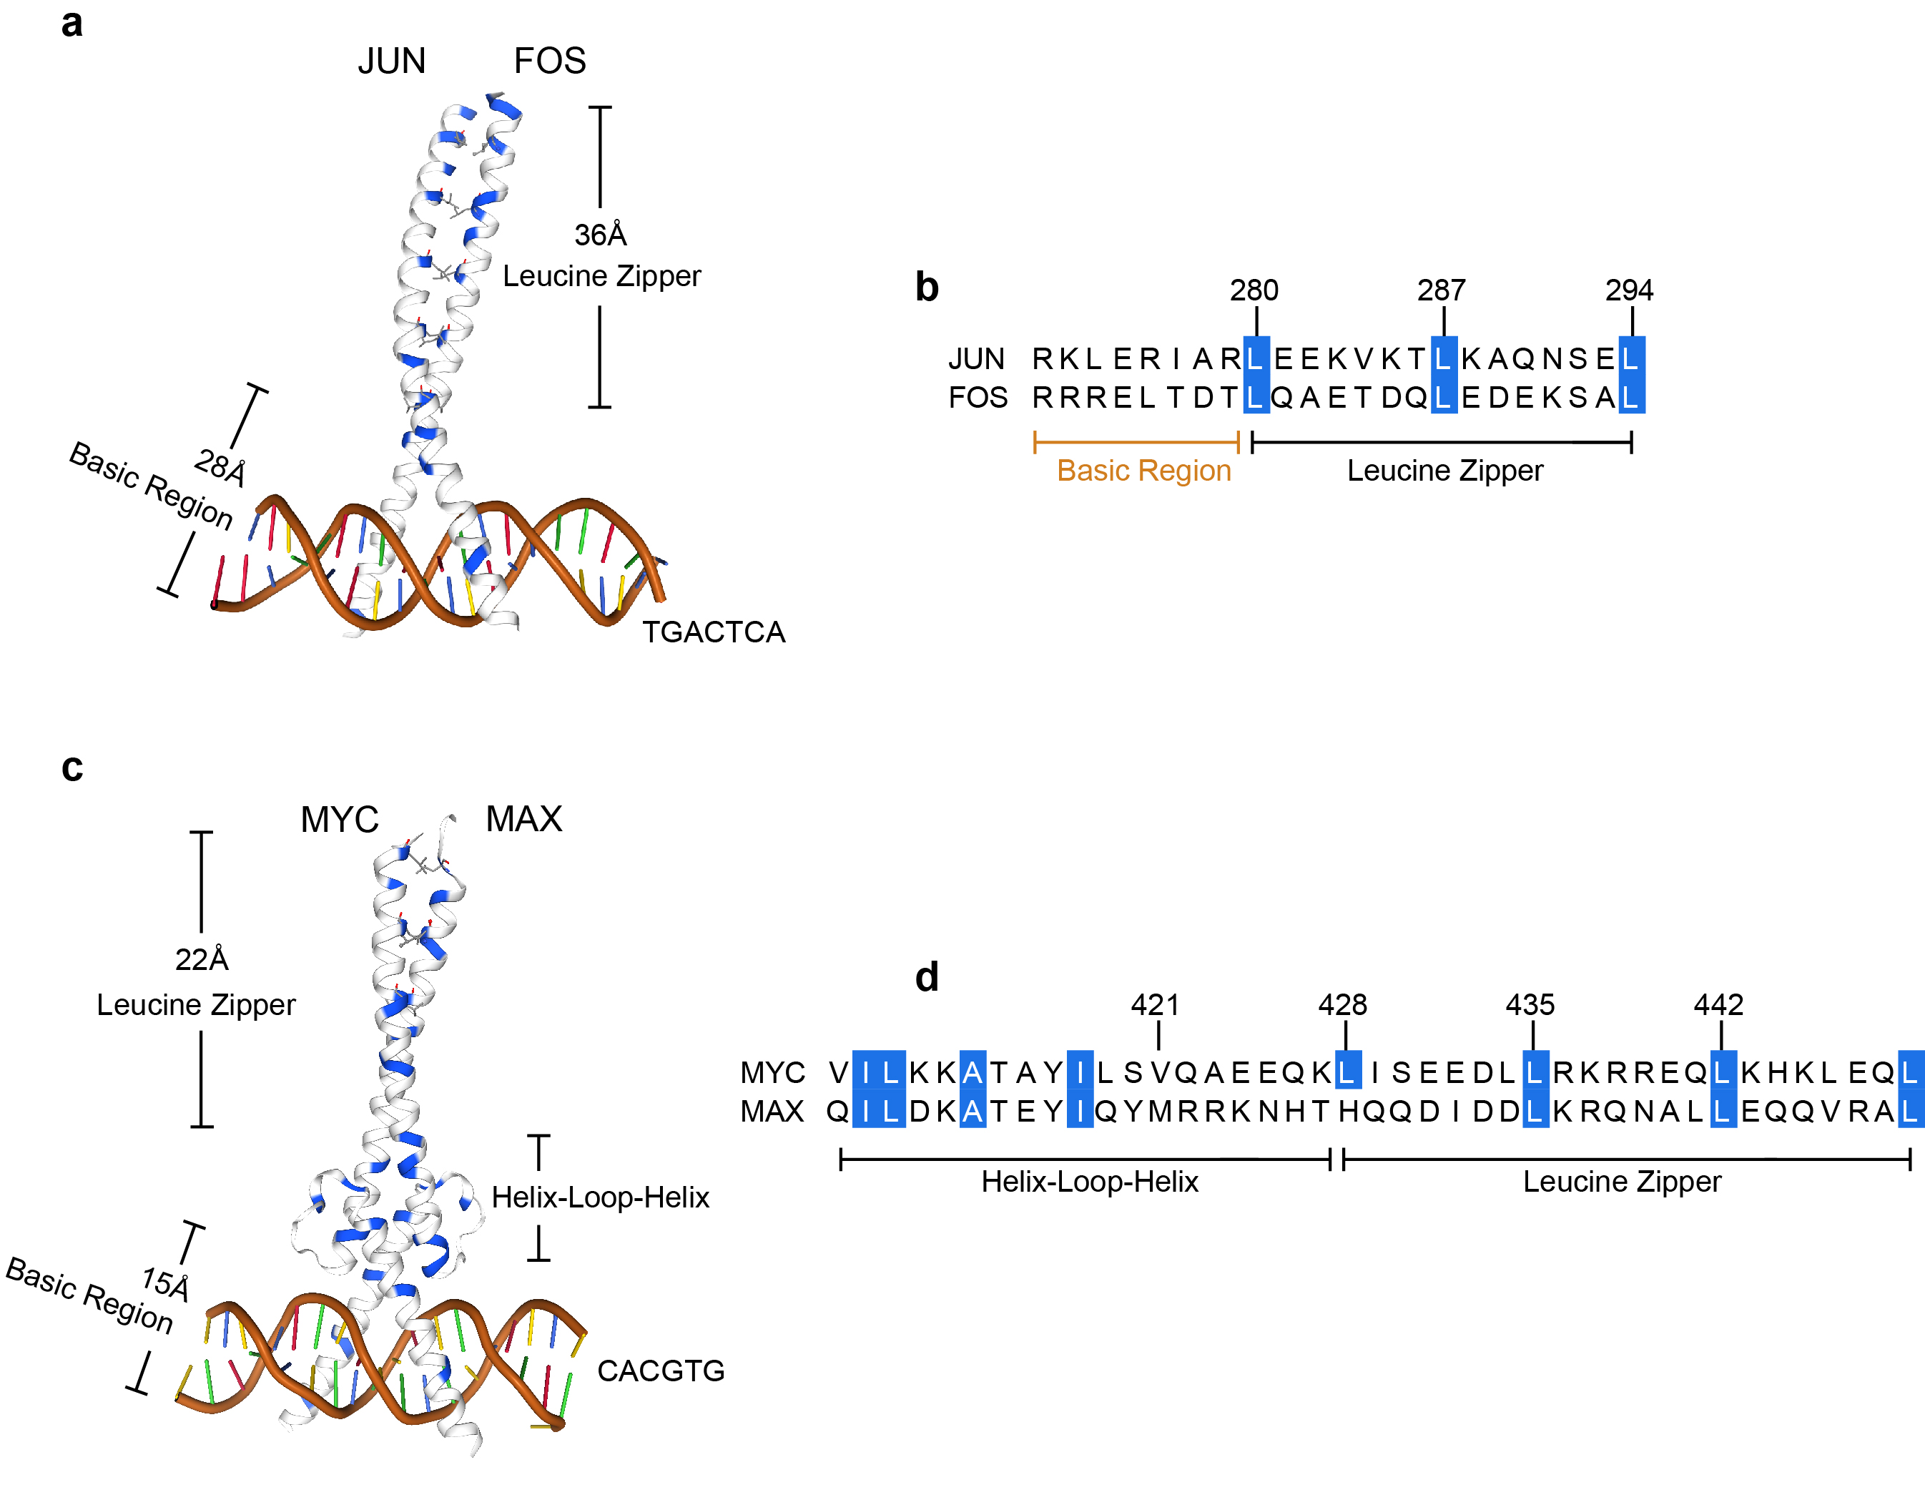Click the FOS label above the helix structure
coord(550,61)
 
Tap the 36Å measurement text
coord(600,235)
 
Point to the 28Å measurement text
coord(220,466)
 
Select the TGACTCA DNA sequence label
coord(713,632)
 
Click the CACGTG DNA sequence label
coord(661,1371)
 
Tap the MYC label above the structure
coord(340,819)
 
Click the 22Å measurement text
coord(202,959)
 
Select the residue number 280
coord(1254,290)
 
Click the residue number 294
coord(1629,290)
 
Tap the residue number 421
coord(1156,1004)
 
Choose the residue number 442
coord(1719,1004)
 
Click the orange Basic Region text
coord(1144,470)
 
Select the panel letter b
coord(926,288)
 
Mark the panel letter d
coord(926,977)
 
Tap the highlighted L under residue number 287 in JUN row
coord(1443,358)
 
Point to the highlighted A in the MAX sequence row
coord(973,1111)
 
